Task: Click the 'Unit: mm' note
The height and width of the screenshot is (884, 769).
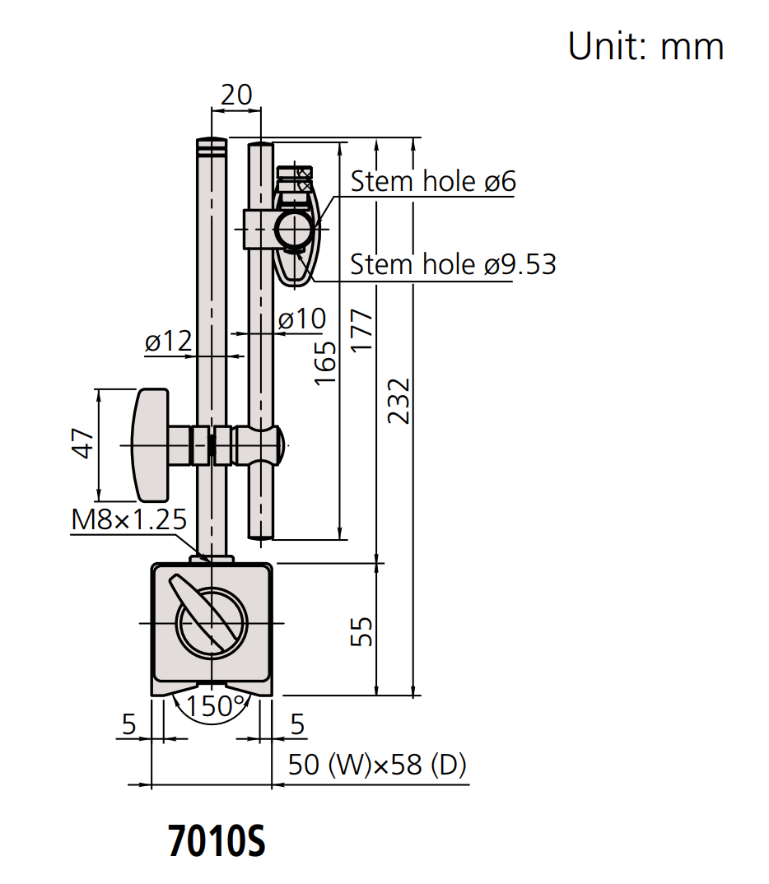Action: (x=645, y=47)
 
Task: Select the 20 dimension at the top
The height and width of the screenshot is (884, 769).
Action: (x=236, y=95)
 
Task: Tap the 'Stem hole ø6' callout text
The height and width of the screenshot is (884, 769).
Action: (x=433, y=181)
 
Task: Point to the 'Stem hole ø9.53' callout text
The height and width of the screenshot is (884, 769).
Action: (x=453, y=264)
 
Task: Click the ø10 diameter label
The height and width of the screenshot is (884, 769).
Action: (x=301, y=319)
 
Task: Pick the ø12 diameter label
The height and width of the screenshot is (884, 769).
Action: (x=168, y=342)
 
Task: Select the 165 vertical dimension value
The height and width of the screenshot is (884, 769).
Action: (x=326, y=362)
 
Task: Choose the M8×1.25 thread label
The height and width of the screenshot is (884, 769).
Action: (x=129, y=520)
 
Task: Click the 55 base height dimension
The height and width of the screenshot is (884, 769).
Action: (x=362, y=630)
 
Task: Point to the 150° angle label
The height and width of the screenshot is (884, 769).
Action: (x=216, y=705)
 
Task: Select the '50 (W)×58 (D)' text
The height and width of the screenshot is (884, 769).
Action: (x=377, y=765)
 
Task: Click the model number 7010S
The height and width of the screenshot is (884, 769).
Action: (x=217, y=841)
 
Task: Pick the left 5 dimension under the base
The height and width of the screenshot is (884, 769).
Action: (x=128, y=724)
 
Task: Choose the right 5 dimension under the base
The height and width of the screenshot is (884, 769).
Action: (x=297, y=724)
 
